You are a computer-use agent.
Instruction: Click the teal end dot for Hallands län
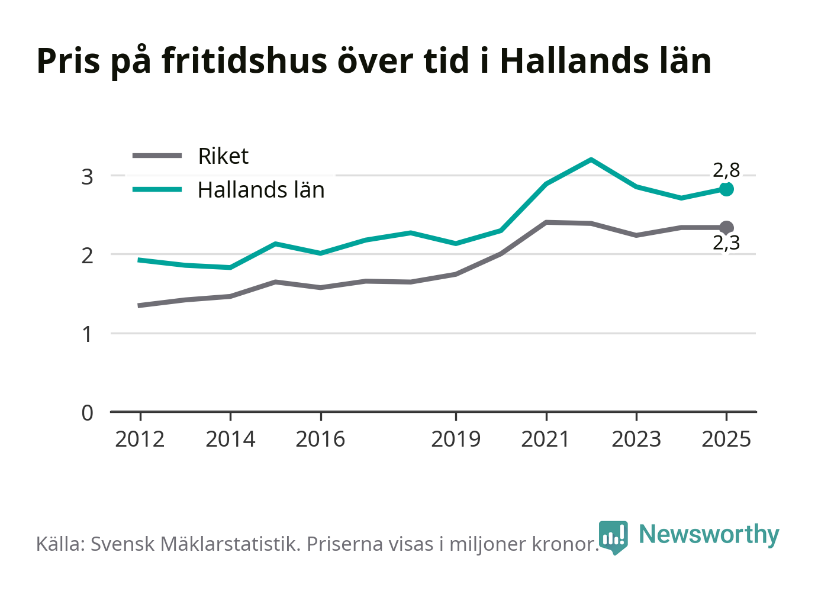(x=726, y=189)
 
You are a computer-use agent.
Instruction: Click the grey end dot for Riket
(x=726, y=228)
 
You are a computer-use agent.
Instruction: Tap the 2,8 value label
(x=726, y=170)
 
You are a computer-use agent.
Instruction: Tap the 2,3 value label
(x=726, y=243)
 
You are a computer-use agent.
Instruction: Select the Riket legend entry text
(x=223, y=156)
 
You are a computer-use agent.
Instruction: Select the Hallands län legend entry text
(x=261, y=190)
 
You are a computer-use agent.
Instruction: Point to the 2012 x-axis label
(x=140, y=439)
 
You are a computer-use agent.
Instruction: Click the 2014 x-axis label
(x=230, y=439)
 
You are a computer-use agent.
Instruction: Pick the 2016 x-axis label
(x=320, y=439)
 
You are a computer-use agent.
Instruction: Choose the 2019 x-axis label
(x=456, y=439)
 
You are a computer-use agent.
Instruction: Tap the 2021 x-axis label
(x=546, y=439)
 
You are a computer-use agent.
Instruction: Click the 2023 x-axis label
(x=636, y=439)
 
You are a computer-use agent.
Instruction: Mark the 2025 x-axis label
(x=726, y=439)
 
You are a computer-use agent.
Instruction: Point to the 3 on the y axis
(x=87, y=177)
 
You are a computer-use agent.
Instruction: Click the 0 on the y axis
(x=87, y=414)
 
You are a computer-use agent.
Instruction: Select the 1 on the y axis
(x=87, y=334)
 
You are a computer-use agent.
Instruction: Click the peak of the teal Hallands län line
(x=591, y=159)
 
